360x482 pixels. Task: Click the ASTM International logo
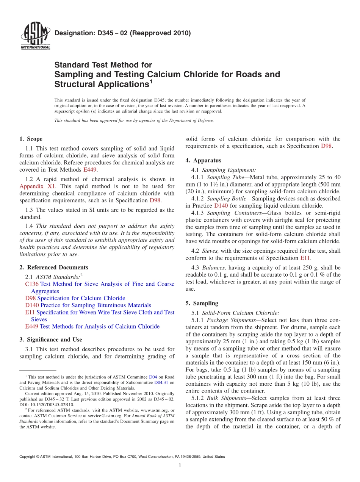35,36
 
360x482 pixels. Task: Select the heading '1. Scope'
31,139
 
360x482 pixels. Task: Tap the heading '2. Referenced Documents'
53,268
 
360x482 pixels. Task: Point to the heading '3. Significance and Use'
50,340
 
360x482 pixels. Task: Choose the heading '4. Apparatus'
203,161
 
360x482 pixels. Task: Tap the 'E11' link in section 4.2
305,258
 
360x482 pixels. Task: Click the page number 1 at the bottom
180,466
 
